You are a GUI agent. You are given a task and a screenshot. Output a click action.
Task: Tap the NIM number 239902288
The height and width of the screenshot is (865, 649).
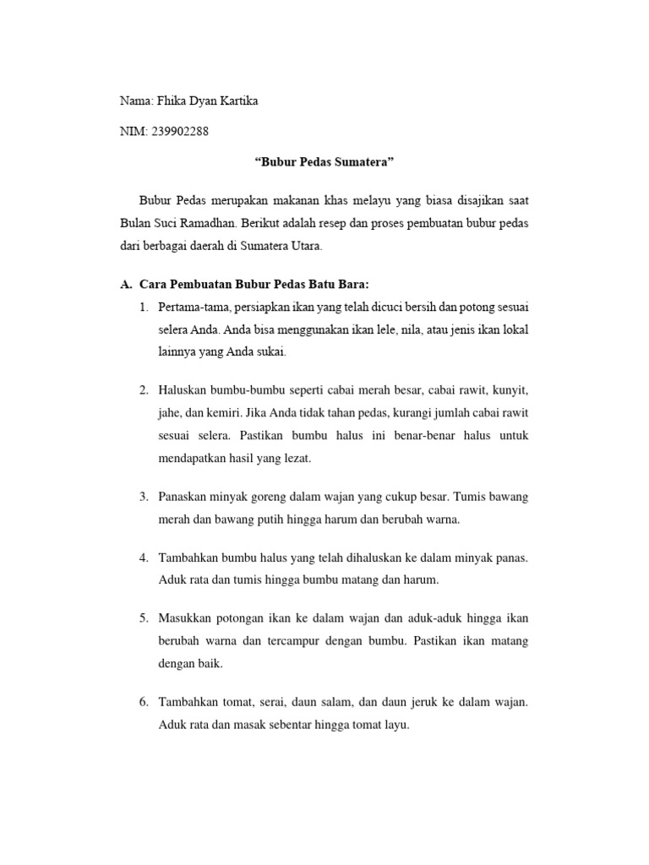[178, 131]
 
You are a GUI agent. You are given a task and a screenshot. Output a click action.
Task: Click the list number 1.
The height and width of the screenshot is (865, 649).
[145, 306]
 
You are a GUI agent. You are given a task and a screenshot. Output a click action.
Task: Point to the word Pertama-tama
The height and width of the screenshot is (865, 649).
[192, 306]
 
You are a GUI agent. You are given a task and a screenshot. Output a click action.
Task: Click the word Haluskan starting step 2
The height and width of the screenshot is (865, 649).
[183, 390]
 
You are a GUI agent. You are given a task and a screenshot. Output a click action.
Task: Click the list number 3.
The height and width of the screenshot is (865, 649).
[145, 496]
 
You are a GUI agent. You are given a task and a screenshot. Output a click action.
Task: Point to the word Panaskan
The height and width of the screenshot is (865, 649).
[183, 496]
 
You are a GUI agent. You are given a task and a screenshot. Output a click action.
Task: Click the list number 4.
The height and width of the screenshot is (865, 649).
[145, 558]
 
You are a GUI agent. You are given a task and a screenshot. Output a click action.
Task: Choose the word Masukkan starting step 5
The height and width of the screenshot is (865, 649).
[185, 618]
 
